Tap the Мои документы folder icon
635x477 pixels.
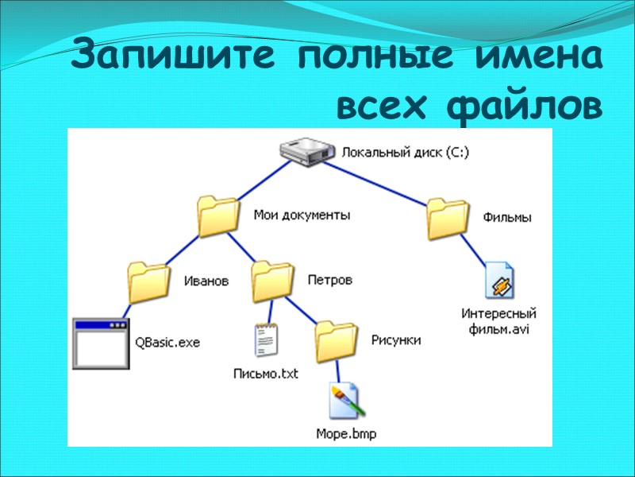pos(217,215)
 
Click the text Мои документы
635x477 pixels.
pos(302,215)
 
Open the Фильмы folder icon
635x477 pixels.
pos(448,216)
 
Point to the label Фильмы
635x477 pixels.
pos(507,217)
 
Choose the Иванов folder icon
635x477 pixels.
pos(148,281)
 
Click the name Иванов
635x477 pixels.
pos(206,281)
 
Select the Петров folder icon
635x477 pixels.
pos(272,281)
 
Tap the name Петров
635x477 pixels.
pos(330,281)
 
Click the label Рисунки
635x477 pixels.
pos(396,340)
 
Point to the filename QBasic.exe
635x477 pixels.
pos(167,343)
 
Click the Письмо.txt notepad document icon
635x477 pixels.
pos(267,340)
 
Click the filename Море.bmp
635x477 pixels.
pos(346,434)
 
